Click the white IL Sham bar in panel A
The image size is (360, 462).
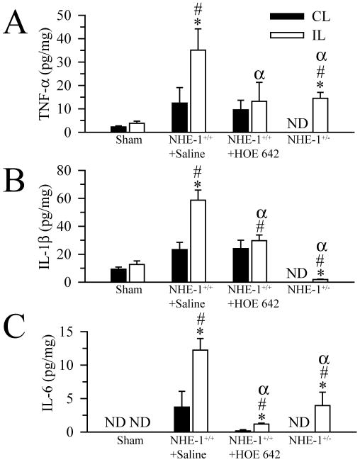(x=140, y=128)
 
